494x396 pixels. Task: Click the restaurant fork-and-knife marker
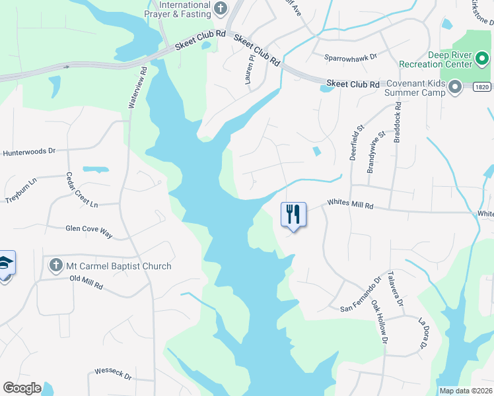[293, 214]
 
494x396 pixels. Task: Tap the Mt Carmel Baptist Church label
[119, 266]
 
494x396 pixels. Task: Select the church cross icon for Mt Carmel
[56, 266]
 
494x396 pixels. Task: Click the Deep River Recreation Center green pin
[482, 59]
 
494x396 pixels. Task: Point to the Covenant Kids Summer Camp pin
[455, 88]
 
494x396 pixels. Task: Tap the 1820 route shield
[482, 86]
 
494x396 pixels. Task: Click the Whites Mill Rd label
[351, 206]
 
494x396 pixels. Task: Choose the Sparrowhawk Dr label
[350, 57]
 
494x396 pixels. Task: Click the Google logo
[21, 388]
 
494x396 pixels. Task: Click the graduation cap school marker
[5, 264]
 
